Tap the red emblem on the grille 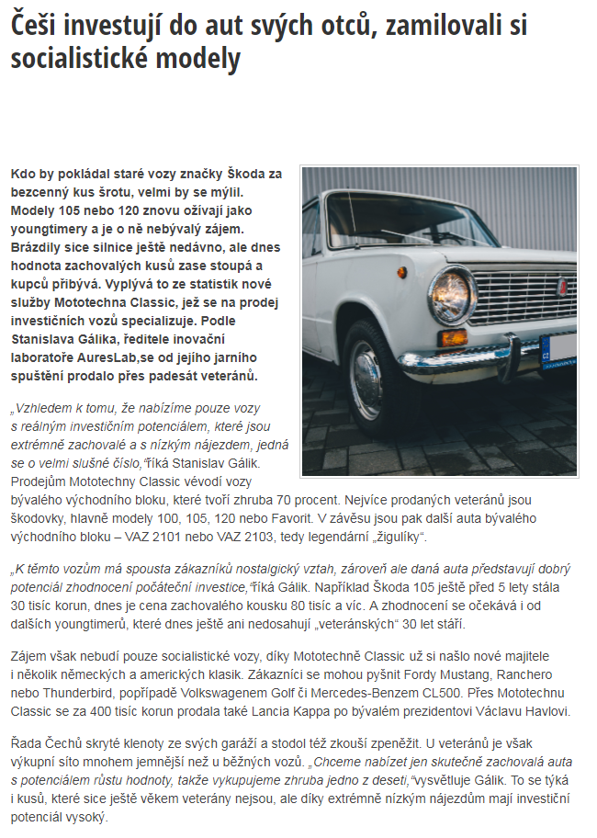[536, 287]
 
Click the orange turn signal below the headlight [452, 337]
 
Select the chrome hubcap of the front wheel [366, 382]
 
